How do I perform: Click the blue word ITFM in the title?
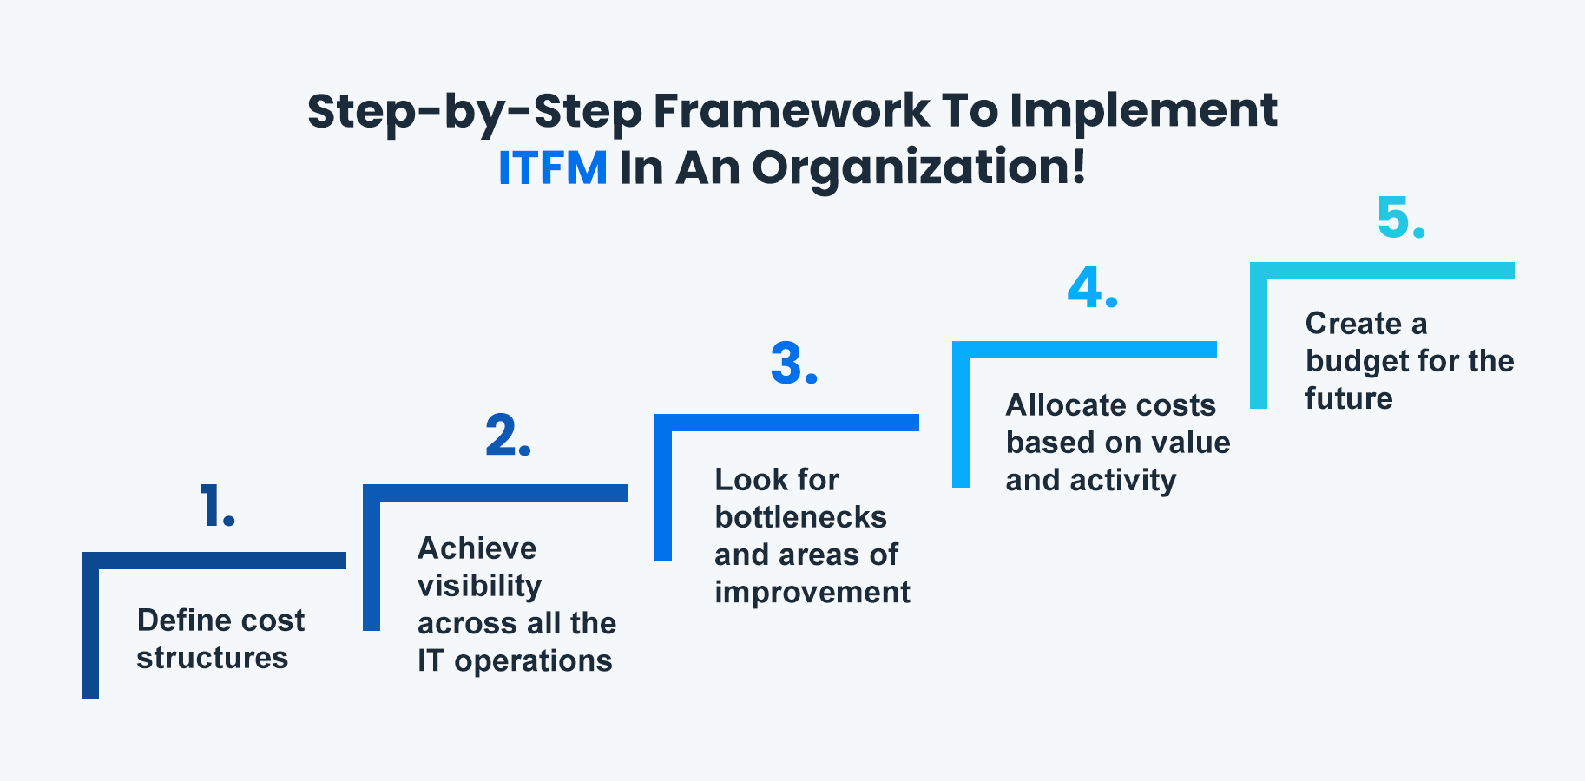pyautogui.click(x=552, y=167)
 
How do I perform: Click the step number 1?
pyautogui.click(x=216, y=506)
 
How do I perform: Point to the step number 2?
pyautogui.click(x=508, y=436)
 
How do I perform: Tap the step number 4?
pyautogui.click(x=1092, y=288)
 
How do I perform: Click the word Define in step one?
pyautogui.click(x=183, y=620)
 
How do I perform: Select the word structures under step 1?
pyautogui.click(x=212, y=658)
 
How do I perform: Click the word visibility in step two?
pyautogui.click(x=479, y=587)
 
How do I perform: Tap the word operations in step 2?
pyautogui.click(x=533, y=661)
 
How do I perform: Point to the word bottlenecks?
pyautogui.click(x=800, y=517)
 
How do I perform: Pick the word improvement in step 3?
pyautogui.click(x=812, y=592)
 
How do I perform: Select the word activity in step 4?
pyautogui.click(x=1122, y=480)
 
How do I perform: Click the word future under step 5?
pyautogui.click(x=1348, y=398)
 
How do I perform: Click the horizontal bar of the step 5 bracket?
pyautogui.click(x=1389, y=271)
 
